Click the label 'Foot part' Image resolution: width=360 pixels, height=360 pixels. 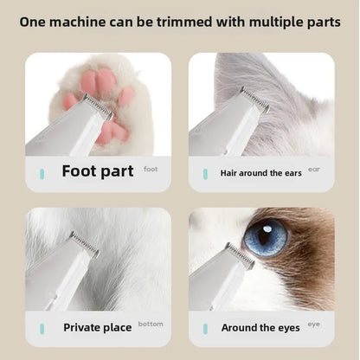pyautogui.click(x=96, y=171)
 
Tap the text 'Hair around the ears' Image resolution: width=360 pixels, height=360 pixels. pyautogui.click(x=260, y=173)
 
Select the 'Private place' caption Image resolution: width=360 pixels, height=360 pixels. pyautogui.click(x=98, y=327)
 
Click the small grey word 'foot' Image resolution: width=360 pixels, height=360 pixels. pyautogui.click(x=151, y=170)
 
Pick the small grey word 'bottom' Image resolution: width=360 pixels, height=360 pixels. pyautogui.click(x=150, y=324)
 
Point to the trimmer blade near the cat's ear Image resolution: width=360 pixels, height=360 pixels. pyautogui.click(x=254, y=100)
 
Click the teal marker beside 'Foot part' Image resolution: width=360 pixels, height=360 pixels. pyautogui.click(x=40, y=173)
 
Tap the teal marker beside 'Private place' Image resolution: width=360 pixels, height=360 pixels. pyautogui.click(x=40, y=327)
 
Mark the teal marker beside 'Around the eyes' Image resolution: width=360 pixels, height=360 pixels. pyautogui.click(x=204, y=327)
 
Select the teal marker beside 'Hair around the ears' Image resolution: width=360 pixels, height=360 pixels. pyautogui.click(x=204, y=173)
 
